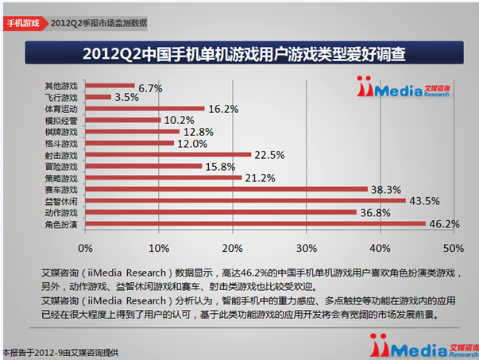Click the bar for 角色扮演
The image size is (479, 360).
255,223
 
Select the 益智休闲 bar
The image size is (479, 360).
245,201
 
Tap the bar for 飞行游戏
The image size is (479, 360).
98,97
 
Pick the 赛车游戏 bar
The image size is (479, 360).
226,189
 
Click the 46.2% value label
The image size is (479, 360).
444,224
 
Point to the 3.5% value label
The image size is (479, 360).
126,97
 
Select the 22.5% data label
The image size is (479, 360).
269,155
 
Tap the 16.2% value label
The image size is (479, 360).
223,109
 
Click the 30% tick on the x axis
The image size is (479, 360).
307,248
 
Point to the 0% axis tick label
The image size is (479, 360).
85,248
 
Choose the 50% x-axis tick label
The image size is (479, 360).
454,248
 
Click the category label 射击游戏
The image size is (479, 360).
61,155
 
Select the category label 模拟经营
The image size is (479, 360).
61,121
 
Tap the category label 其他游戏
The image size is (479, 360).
61,86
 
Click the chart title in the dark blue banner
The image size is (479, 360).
244,54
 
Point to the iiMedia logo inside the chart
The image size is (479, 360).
404,87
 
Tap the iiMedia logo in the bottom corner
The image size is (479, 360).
424,346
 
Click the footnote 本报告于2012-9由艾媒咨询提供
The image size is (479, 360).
60,353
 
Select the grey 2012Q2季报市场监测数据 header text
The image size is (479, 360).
99,23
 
